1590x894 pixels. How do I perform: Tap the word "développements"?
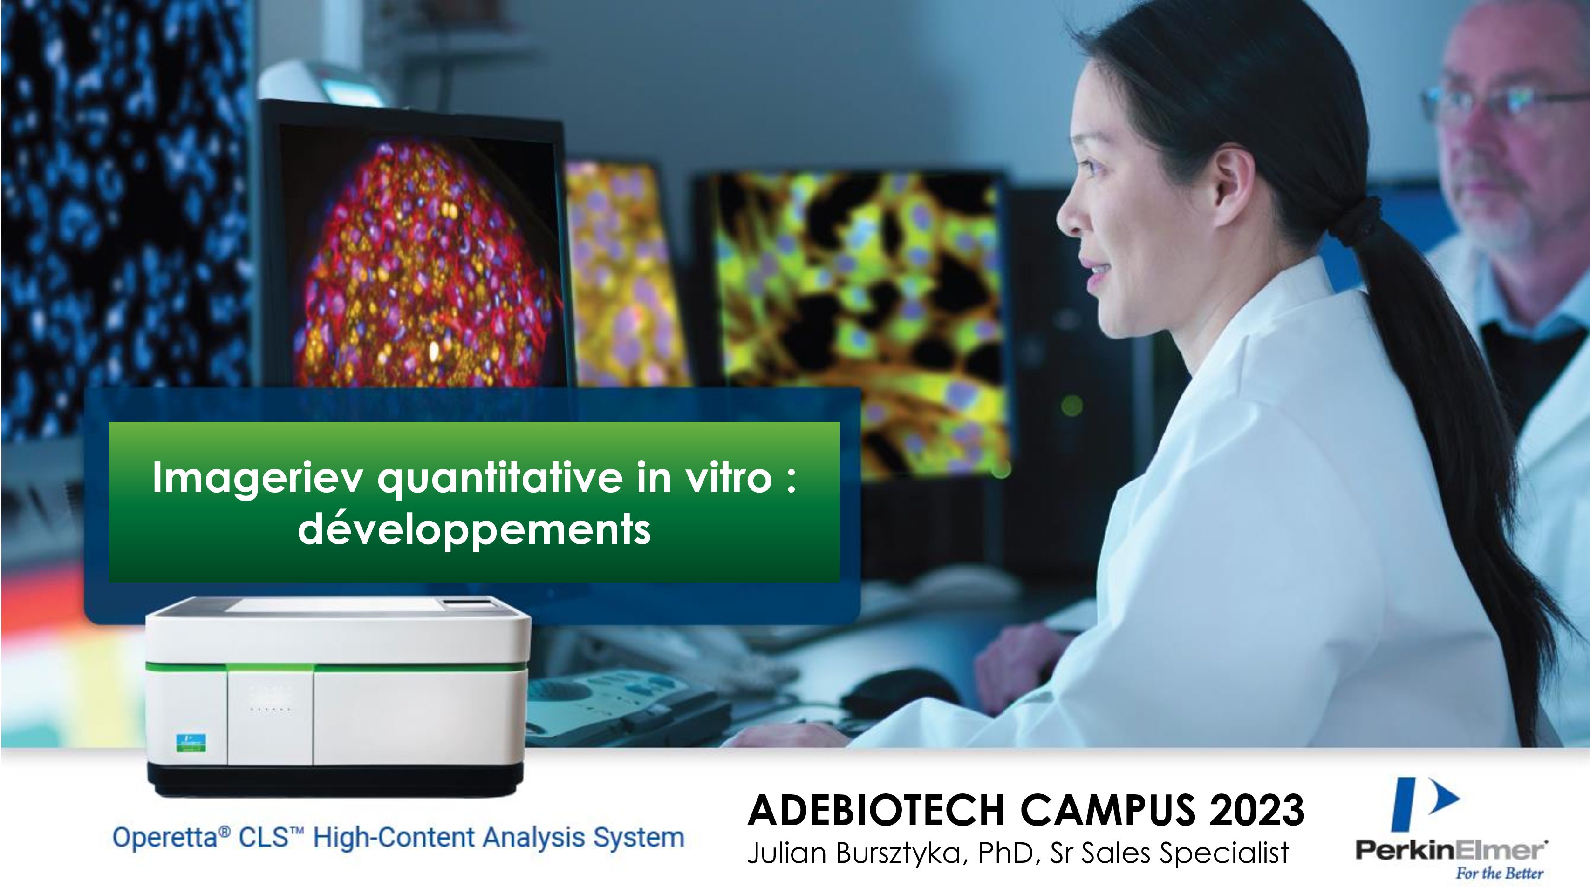[474, 529]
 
